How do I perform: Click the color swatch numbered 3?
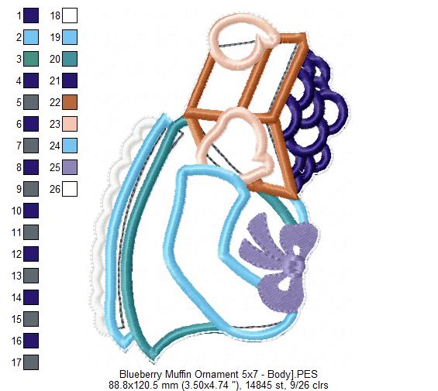pos(31,59)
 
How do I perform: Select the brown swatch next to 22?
pos(70,102)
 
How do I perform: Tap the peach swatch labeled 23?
pos(70,124)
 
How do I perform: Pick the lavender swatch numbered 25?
pos(70,167)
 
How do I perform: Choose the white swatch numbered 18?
pos(70,15)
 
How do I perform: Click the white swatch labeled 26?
pos(70,189)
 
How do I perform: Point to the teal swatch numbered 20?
pos(70,59)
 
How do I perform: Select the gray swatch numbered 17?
pos(31,362)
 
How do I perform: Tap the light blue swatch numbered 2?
pos(31,37)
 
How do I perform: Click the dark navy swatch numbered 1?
pos(31,15)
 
